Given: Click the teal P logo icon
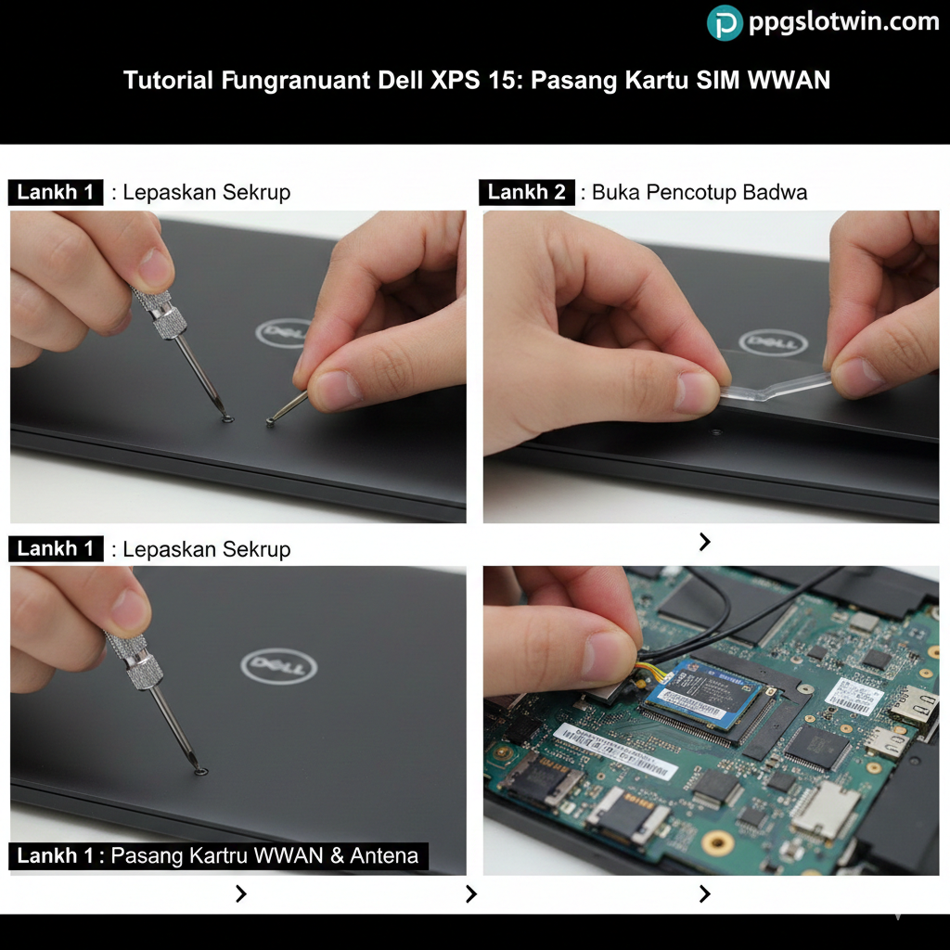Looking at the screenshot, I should (x=725, y=23).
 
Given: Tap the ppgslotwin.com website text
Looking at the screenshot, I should (x=843, y=22).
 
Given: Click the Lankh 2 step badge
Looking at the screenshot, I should (x=526, y=192).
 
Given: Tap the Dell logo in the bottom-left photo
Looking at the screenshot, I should (x=278, y=665).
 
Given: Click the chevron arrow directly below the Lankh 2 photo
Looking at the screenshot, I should (x=705, y=542).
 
